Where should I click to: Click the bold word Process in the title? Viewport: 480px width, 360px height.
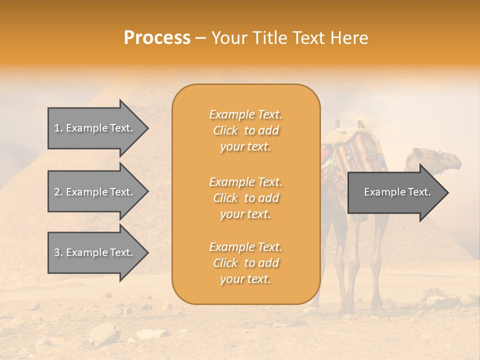(157, 38)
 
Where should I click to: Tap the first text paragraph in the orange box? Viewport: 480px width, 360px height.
(245, 130)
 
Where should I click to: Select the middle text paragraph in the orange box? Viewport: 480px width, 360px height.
(245, 198)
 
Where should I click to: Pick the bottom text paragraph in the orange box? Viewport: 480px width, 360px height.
(245, 263)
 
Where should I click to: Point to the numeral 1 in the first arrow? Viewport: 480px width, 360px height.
(57, 128)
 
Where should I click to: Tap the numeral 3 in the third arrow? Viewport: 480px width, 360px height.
(57, 252)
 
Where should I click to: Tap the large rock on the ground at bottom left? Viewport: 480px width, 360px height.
(105, 332)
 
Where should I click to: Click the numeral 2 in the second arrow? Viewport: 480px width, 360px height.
(57, 192)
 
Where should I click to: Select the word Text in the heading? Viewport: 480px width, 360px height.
(308, 38)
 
